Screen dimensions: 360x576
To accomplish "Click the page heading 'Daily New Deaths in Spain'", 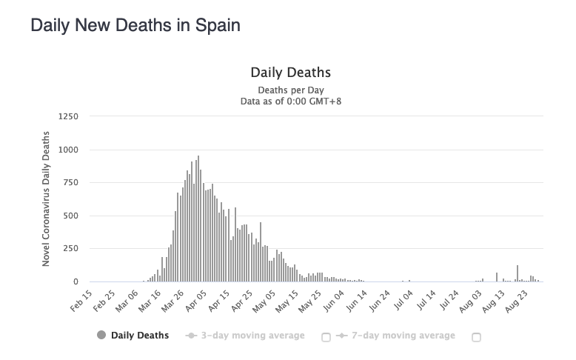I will pyautogui.click(x=135, y=25).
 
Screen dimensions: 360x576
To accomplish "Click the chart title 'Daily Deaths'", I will pyautogui.click(x=290, y=73).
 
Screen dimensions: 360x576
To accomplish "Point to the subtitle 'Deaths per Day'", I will pyautogui.click(x=290, y=90).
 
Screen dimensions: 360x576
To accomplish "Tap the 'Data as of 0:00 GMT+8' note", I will pyautogui.click(x=290, y=101).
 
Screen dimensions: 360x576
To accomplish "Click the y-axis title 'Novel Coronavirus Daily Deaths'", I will pyautogui.click(x=47, y=199).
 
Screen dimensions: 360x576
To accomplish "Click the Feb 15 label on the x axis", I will pyautogui.click(x=82, y=301).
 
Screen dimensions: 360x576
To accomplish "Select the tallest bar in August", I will pyautogui.click(x=518, y=273).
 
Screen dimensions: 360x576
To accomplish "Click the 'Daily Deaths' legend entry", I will pyautogui.click(x=133, y=336).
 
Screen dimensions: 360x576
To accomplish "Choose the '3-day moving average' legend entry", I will pyautogui.click(x=246, y=336).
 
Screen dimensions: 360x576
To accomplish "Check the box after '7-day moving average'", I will pyautogui.click(x=476, y=337).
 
